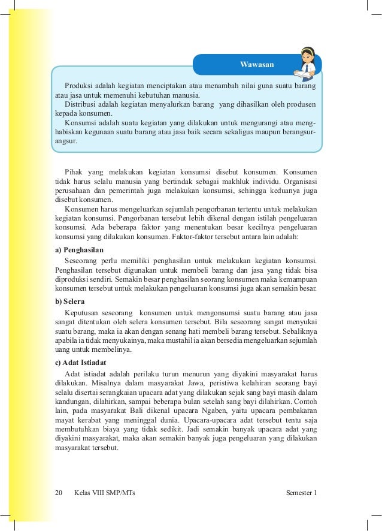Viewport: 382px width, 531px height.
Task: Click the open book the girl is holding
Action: coord(305,73)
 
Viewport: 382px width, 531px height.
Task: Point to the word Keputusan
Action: coord(84,313)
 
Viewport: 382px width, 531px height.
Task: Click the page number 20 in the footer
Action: coord(58,493)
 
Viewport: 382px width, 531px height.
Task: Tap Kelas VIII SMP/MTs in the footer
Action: coord(105,493)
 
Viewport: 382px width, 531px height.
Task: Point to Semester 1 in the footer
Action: coord(302,493)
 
